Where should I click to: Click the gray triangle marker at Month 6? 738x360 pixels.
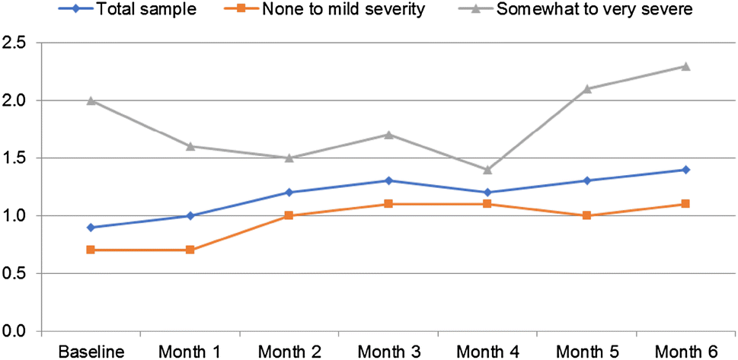tap(685, 66)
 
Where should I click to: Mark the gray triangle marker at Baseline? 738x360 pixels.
tap(91, 100)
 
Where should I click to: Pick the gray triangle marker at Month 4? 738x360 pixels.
tap(487, 170)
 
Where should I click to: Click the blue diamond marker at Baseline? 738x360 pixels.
tap(91, 227)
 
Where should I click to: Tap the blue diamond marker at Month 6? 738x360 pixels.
tap(685, 170)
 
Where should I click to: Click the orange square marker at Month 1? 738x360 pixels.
tap(190, 250)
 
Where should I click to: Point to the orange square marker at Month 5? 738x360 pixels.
tap(586, 215)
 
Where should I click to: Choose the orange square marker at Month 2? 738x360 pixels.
tap(289, 215)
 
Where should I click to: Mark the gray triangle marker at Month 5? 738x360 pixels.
tap(586, 89)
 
